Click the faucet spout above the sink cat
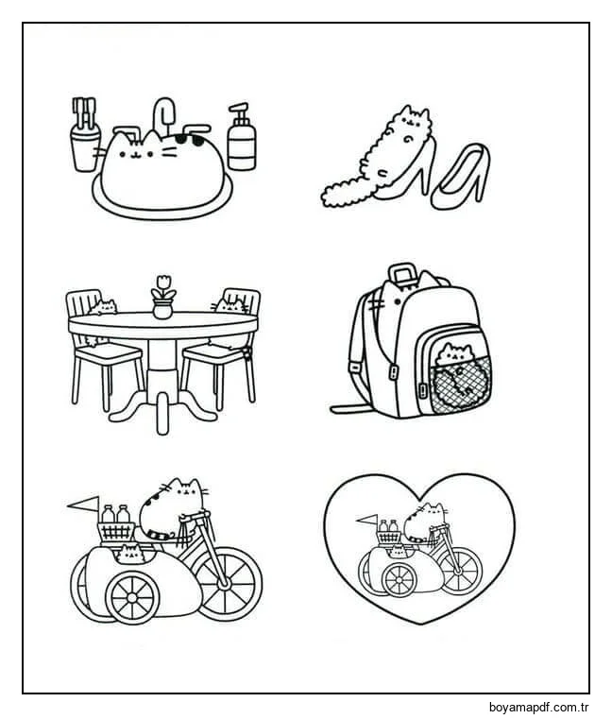pos(163,113)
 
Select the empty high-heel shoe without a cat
pos(461,177)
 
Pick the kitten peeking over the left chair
pos(103,307)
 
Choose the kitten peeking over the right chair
pos(230,306)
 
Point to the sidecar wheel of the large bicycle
pos(132,597)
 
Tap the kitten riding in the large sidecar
pos(130,553)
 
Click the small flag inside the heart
pos(365,521)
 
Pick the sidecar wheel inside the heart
pos(399,580)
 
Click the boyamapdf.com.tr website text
pos(538,708)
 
